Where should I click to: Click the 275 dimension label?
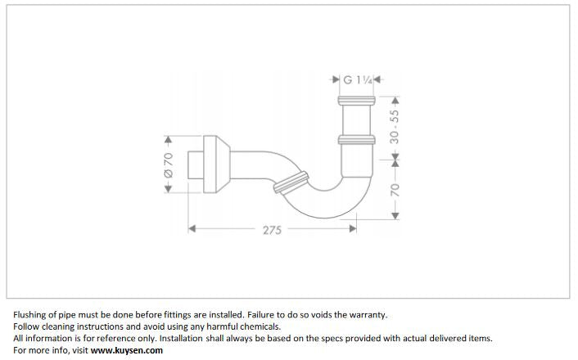point(272,231)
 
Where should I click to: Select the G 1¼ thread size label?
point(356,80)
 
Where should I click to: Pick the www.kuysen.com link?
point(127,350)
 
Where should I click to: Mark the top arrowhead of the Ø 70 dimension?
point(168,138)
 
